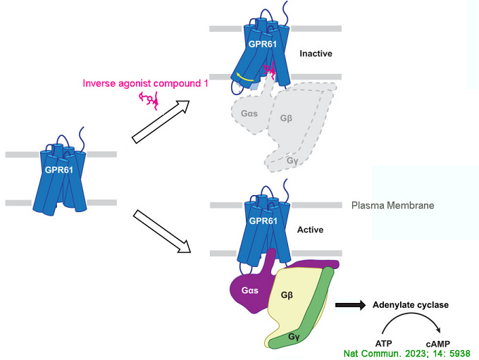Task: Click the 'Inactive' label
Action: tap(316, 54)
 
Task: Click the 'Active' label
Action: tap(311, 229)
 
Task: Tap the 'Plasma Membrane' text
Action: tap(392, 206)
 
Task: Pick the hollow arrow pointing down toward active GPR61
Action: tap(166, 233)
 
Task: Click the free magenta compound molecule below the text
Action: tap(150, 99)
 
